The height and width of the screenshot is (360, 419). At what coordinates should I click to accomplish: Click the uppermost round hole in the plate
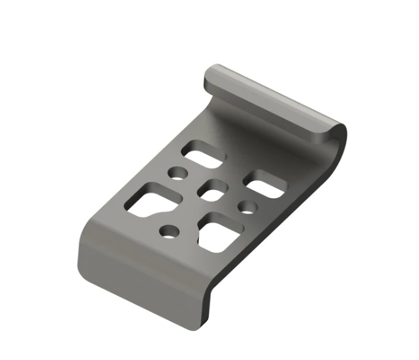178,174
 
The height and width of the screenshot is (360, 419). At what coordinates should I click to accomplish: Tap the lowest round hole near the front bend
168,232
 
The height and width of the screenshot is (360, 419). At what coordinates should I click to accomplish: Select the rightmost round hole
248,206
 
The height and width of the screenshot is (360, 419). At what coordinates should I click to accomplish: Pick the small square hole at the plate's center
214,190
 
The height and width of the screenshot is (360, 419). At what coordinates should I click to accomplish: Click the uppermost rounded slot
205,154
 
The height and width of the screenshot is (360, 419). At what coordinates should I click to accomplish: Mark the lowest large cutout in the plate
221,233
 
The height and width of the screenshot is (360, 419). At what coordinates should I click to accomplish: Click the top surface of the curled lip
274,100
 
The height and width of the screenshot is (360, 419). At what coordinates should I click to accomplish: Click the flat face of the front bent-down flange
141,281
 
